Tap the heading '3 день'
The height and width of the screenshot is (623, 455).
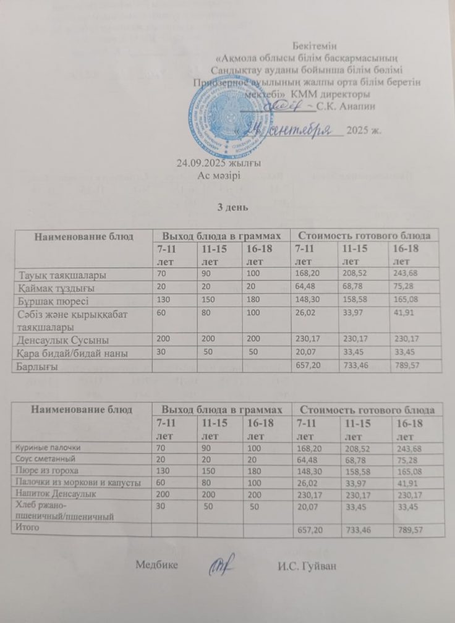tap(231, 206)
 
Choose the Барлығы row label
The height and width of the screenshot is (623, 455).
tap(36, 367)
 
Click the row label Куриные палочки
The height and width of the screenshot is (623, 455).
tap(48, 447)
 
